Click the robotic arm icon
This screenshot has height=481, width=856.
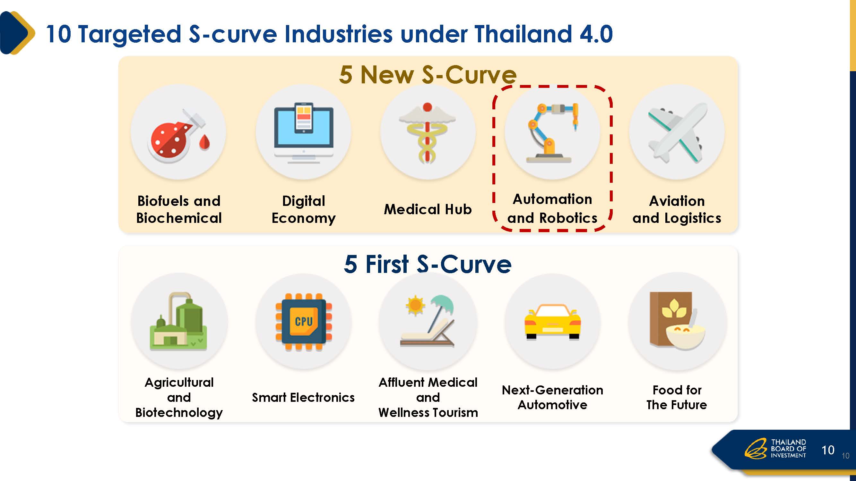point(552,133)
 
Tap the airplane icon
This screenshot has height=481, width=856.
point(677,133)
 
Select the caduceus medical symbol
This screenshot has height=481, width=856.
point(427,133)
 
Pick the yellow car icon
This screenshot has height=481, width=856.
point(552,321)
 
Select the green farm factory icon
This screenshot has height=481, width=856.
point(179,321)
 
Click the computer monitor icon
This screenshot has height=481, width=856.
point(304,133)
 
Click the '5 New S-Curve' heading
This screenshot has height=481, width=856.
point(428,74)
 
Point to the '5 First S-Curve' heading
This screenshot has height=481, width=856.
point(428,264)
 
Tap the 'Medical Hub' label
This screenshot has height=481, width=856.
point(428,209)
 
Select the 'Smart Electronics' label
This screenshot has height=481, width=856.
point(303,397)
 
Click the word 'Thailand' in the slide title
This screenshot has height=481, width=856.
point(523,34)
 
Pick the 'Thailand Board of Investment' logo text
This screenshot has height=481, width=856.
point(788,449)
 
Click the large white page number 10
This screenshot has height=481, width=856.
point(828,450)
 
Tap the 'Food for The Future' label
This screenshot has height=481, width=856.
point(677,397)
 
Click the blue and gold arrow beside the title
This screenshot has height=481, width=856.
point(17,33)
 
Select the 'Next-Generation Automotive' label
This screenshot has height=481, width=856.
point(552,397)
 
